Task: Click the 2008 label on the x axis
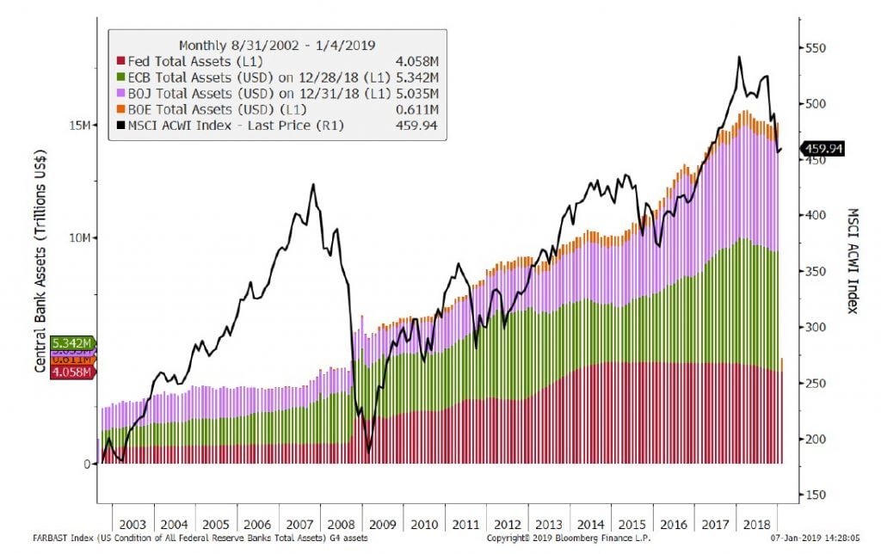pyautogui.click(x=340, y=524)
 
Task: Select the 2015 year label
pyautogui.click(x=631, y=524)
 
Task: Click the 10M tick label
pyautogui.click(x=79, y=237)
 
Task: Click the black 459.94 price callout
pyautogui.click(x=822, y=149)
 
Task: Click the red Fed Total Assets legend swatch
pyautogui.click(x=121, y=62)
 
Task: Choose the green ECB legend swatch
pyautogui.click(x=121, y=77)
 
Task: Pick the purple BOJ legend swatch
pyautogui.click(x=121, y=94)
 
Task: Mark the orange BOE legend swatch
pyautogui.click(x=121, y=110)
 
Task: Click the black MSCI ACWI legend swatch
pyautogui.click(x=121, y=126)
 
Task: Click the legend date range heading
pyautogui.click(x=276, y=45)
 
